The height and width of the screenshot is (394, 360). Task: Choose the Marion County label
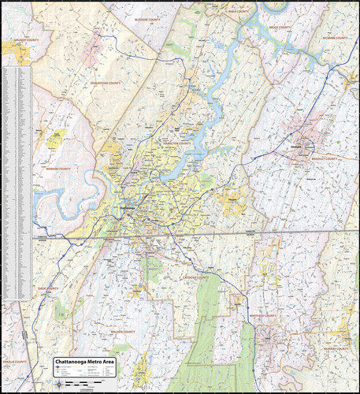[x=59, y=169]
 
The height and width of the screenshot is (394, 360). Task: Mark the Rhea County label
[x=237, y=13]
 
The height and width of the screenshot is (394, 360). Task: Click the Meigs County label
[x=279, y=28]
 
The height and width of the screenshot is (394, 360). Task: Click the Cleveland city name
[x=297, y=147]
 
